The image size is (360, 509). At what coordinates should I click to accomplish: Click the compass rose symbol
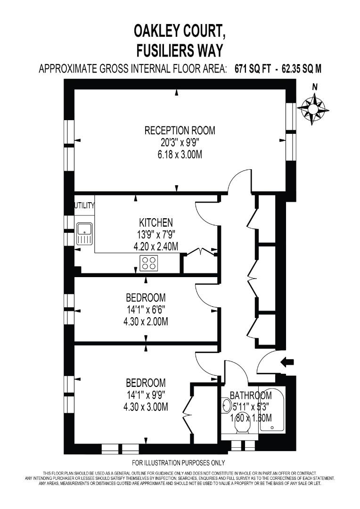click(313, 109)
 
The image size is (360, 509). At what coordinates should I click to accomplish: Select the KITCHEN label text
click(156, 222)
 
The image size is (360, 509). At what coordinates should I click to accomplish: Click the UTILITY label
click(85, 205)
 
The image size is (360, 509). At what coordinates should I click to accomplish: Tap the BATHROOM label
click(251, 395)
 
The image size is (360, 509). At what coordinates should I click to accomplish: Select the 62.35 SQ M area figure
click(302, 69)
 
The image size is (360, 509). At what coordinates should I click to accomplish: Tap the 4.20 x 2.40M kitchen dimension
click(156, 246)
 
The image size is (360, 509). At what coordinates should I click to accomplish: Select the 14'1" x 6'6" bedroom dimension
click(146, 310)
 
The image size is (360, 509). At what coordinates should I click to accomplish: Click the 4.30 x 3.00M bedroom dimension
click(146, 407)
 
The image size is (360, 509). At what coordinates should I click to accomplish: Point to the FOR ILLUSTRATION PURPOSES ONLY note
click(179, 462)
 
